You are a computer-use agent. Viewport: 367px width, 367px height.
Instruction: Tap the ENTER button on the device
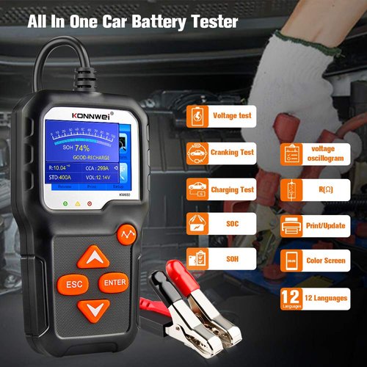click(115, 282)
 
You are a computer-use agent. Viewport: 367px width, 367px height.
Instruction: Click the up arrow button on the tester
click(94, 257)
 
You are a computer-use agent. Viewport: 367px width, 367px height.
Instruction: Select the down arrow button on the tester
click(94, 308)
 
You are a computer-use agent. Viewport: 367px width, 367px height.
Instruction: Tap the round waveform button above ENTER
click(126, 235)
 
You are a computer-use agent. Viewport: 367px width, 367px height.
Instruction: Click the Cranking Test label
click(234, 153)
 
